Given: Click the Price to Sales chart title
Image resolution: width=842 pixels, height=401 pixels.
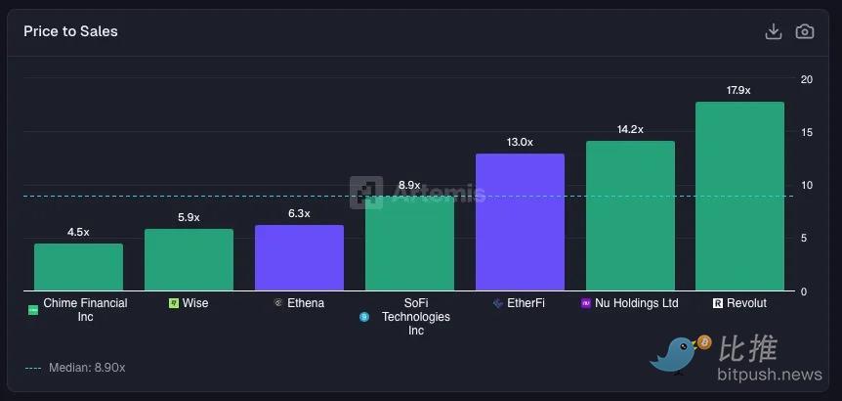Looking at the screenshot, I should (70, 31).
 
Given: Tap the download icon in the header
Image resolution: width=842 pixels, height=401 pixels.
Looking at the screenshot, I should (773, 31).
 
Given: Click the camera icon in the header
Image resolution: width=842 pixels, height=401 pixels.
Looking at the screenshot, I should (804, 31).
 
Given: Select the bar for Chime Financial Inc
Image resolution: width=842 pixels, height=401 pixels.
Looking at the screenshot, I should (78, 267).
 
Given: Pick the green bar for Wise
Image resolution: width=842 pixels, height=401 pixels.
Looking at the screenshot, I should (189, 260).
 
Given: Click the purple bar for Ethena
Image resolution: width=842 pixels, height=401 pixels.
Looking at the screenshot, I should (299, 258).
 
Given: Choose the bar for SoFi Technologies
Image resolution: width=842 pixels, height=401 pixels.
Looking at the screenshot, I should (409, 245).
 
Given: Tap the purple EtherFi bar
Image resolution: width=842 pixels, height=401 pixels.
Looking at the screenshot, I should (520, 222).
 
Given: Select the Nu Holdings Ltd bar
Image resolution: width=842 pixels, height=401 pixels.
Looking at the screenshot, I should (630, 216).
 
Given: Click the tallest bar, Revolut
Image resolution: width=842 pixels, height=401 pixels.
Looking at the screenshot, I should (739, 197).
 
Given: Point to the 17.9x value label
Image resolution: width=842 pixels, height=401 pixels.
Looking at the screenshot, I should (738, 90).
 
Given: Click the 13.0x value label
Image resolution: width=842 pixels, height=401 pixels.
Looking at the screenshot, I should (520, 142).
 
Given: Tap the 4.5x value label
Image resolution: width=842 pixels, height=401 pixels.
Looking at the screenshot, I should (78, 232).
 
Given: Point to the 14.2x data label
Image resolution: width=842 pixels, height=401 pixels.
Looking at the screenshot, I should (630, 129).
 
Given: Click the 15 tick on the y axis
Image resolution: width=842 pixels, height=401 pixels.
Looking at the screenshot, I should (806, 132).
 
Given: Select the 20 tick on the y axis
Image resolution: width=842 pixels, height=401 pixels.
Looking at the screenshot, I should (806, 79).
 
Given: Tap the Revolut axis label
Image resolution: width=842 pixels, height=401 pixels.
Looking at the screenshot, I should (746, 303).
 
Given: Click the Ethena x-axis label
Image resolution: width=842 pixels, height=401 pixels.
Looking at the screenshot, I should (306, 303).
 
